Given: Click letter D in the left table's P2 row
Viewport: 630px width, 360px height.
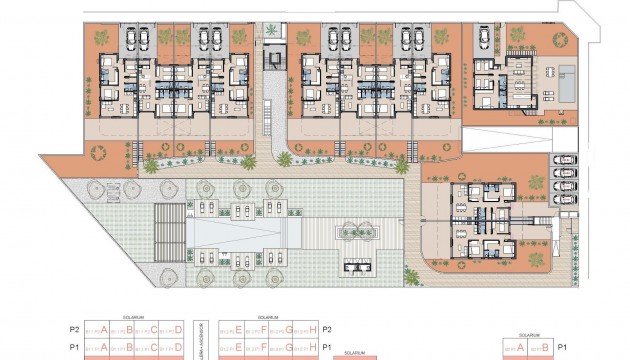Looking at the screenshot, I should [x=179, y=328].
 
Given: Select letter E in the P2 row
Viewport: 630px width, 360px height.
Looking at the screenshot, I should [x=239, y=328].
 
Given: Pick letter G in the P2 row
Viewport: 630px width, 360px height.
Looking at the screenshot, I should [x=289, y=328].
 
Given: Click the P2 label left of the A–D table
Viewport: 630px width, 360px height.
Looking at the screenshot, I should [x=74, y=328].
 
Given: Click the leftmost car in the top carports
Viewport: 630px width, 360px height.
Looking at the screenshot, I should [x=133, y=39].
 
